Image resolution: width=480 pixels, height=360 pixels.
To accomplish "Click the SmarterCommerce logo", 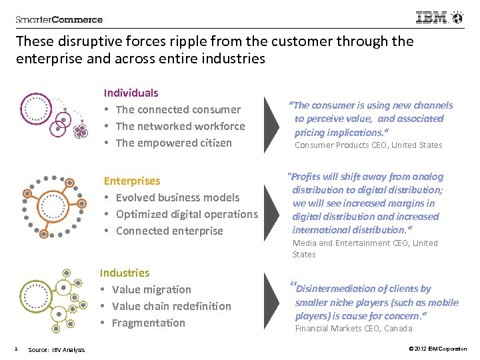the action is pyautogui.click(x=59, y=19).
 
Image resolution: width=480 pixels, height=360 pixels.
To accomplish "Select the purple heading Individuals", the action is pyautogui.click(x=131, y=93).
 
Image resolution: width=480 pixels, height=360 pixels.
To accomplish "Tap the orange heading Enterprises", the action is pyautogui.click(x=131, y=181).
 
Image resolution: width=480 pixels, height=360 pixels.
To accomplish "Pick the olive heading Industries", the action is pyautogui.click(x=125, y=273).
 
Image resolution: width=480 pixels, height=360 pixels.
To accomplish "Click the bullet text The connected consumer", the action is pyautogui.click(x=178, y=109).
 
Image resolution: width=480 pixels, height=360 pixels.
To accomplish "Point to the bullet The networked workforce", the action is pyautogui.click(x=180, y=126).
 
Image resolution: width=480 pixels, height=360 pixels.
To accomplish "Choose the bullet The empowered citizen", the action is pyautogui.click(x=173, y=143).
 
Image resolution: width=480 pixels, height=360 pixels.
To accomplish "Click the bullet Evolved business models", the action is pyautogui.click(x=177, y=197).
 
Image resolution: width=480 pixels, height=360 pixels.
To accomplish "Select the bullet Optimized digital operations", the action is pyautogui.click(x=186, y=214).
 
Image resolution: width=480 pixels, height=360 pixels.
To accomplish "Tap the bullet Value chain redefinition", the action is pyautogui.click(x=171, y=306).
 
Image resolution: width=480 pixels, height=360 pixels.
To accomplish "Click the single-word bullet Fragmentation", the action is pyautogui.click(x=148, y=323).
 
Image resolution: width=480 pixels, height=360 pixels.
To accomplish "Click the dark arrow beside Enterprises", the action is pyautogui.click(x=273, y=205).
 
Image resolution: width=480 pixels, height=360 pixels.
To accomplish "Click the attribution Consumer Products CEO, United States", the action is pyautogui.click(x=368, y=145).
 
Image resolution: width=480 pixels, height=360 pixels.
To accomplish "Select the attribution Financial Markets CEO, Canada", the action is pyautogui.click(x=353, y=328).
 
